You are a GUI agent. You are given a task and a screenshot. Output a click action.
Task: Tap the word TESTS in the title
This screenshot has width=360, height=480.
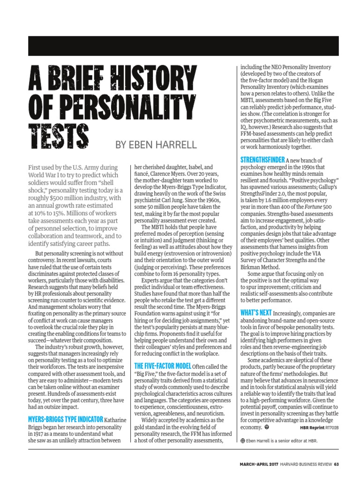coord(59,135)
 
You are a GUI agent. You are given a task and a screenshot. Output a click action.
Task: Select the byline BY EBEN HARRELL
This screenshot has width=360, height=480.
coord(156,144)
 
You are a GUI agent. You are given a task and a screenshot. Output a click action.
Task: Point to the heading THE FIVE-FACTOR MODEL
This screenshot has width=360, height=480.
coord(163,366)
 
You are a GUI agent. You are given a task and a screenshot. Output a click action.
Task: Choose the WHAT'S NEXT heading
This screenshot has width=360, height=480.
coord(255,312)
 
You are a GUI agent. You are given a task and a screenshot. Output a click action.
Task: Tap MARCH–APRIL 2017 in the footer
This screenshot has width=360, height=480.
coord(257,465)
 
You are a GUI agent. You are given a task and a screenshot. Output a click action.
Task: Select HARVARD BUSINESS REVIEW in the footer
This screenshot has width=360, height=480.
coord(305,465)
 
